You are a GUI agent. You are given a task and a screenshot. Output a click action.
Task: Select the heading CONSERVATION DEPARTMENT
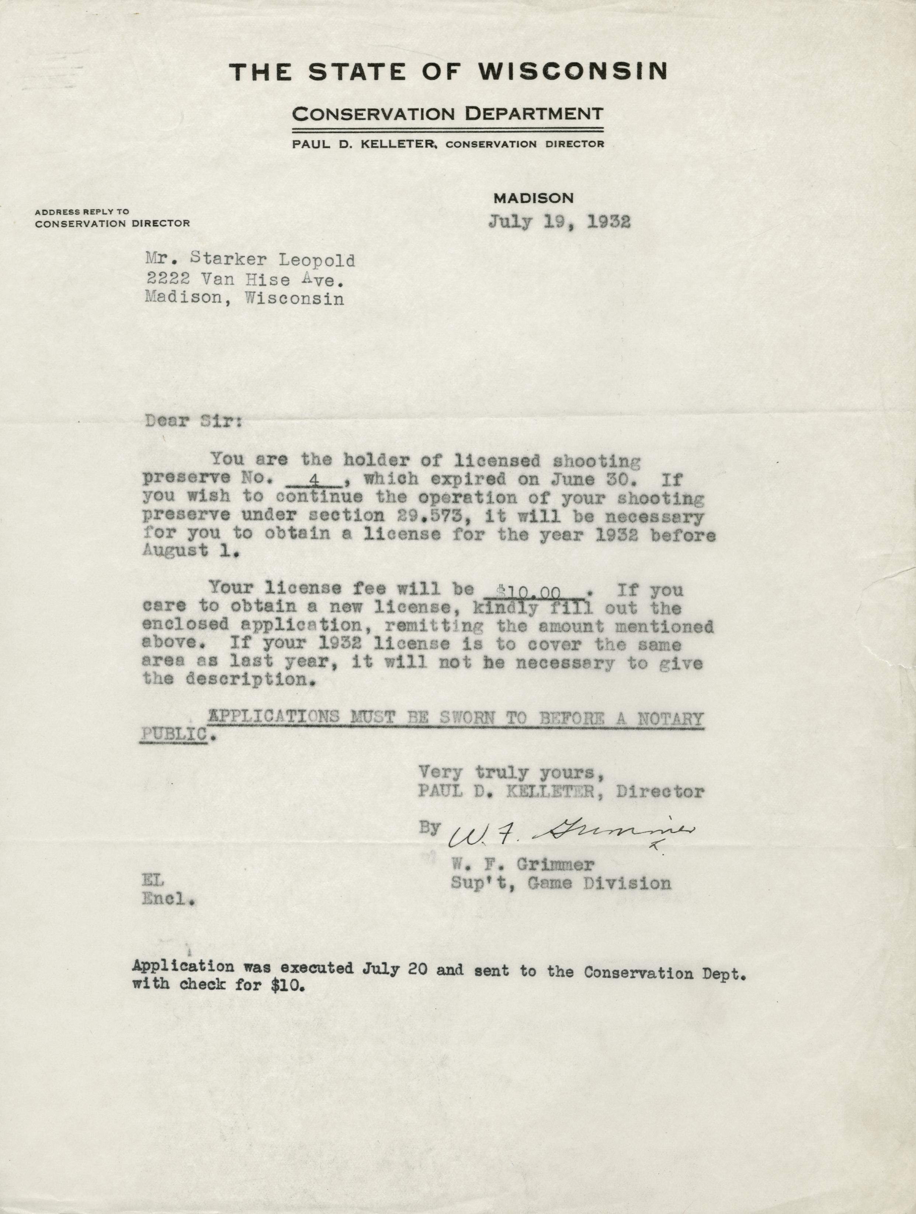click(x=448, y=114)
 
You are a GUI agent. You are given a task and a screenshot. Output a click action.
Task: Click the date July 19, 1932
click(x=559, y=222)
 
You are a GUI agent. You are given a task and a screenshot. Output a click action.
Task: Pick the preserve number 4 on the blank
click(x=315, y=479)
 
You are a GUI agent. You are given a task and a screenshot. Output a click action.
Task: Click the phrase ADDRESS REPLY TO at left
click(x=82, y=211)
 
